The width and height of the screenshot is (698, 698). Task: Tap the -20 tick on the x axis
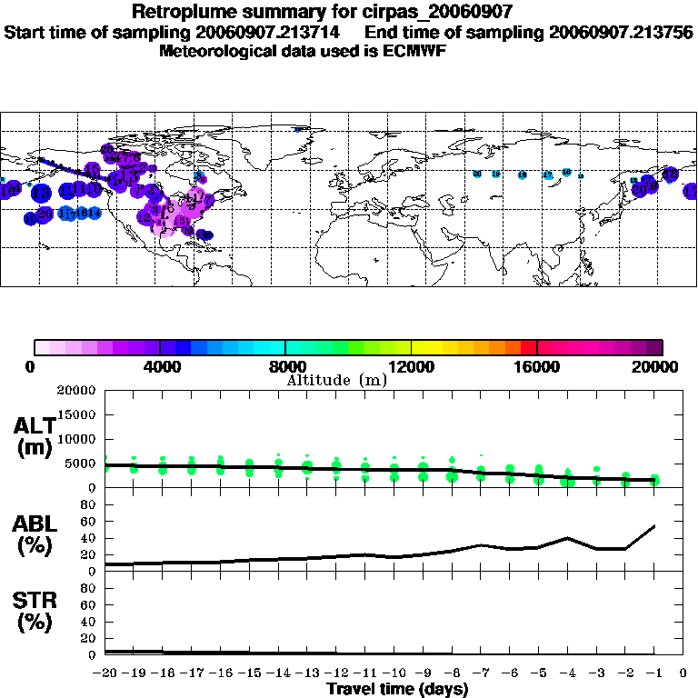click(105, 673)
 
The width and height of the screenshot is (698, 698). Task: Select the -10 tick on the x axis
click(394, 673)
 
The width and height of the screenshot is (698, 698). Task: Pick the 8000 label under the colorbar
click(285, 367)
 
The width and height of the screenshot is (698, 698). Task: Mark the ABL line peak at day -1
click(654, 525)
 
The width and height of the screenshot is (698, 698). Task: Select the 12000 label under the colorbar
click(411, 367)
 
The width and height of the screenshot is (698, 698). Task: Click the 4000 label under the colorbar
click(160, 367)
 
